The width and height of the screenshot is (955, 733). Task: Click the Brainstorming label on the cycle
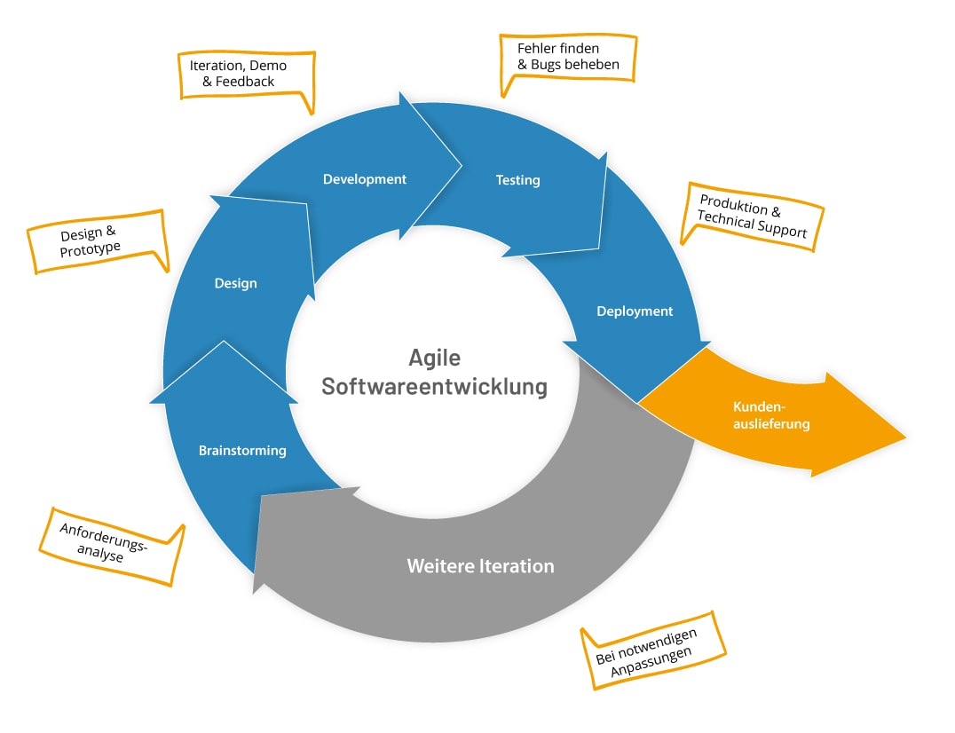(x=242, y=451)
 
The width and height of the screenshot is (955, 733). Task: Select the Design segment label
(x=235, y=284)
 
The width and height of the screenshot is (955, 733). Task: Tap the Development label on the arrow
(x=364, y=179)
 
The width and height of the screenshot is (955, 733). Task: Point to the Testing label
(x=517, y=180)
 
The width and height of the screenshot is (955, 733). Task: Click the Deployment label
(x=635, y=311)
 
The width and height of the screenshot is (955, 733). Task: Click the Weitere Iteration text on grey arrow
(x=480, y=566)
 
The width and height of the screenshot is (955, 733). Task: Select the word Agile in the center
(x=434, y=358)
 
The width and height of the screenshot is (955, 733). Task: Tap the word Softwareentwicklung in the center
(x=434, y=388)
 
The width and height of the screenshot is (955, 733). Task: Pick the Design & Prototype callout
(x=96, y=241)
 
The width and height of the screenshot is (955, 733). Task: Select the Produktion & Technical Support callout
(x=752, y=217)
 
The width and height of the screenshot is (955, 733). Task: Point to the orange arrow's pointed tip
(x=905, y=437)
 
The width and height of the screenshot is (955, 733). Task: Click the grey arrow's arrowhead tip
(x=254, y=592)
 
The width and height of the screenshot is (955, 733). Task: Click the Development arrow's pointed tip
(x=462, y=164)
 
